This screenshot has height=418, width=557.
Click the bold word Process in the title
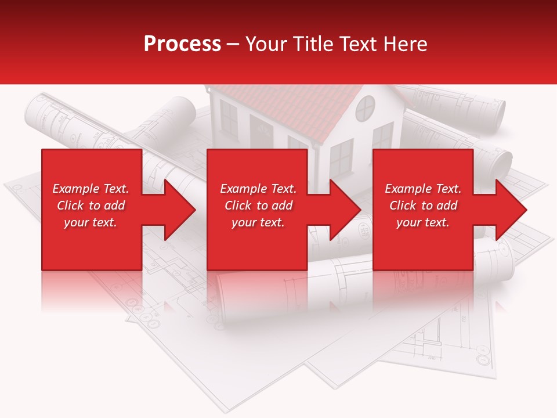(182, 44)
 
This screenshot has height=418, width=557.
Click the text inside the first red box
(91, 206)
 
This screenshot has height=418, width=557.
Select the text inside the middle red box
(258, 206)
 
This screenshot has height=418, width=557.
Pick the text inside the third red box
(423, 206)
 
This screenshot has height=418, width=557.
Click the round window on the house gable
(366, 108)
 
